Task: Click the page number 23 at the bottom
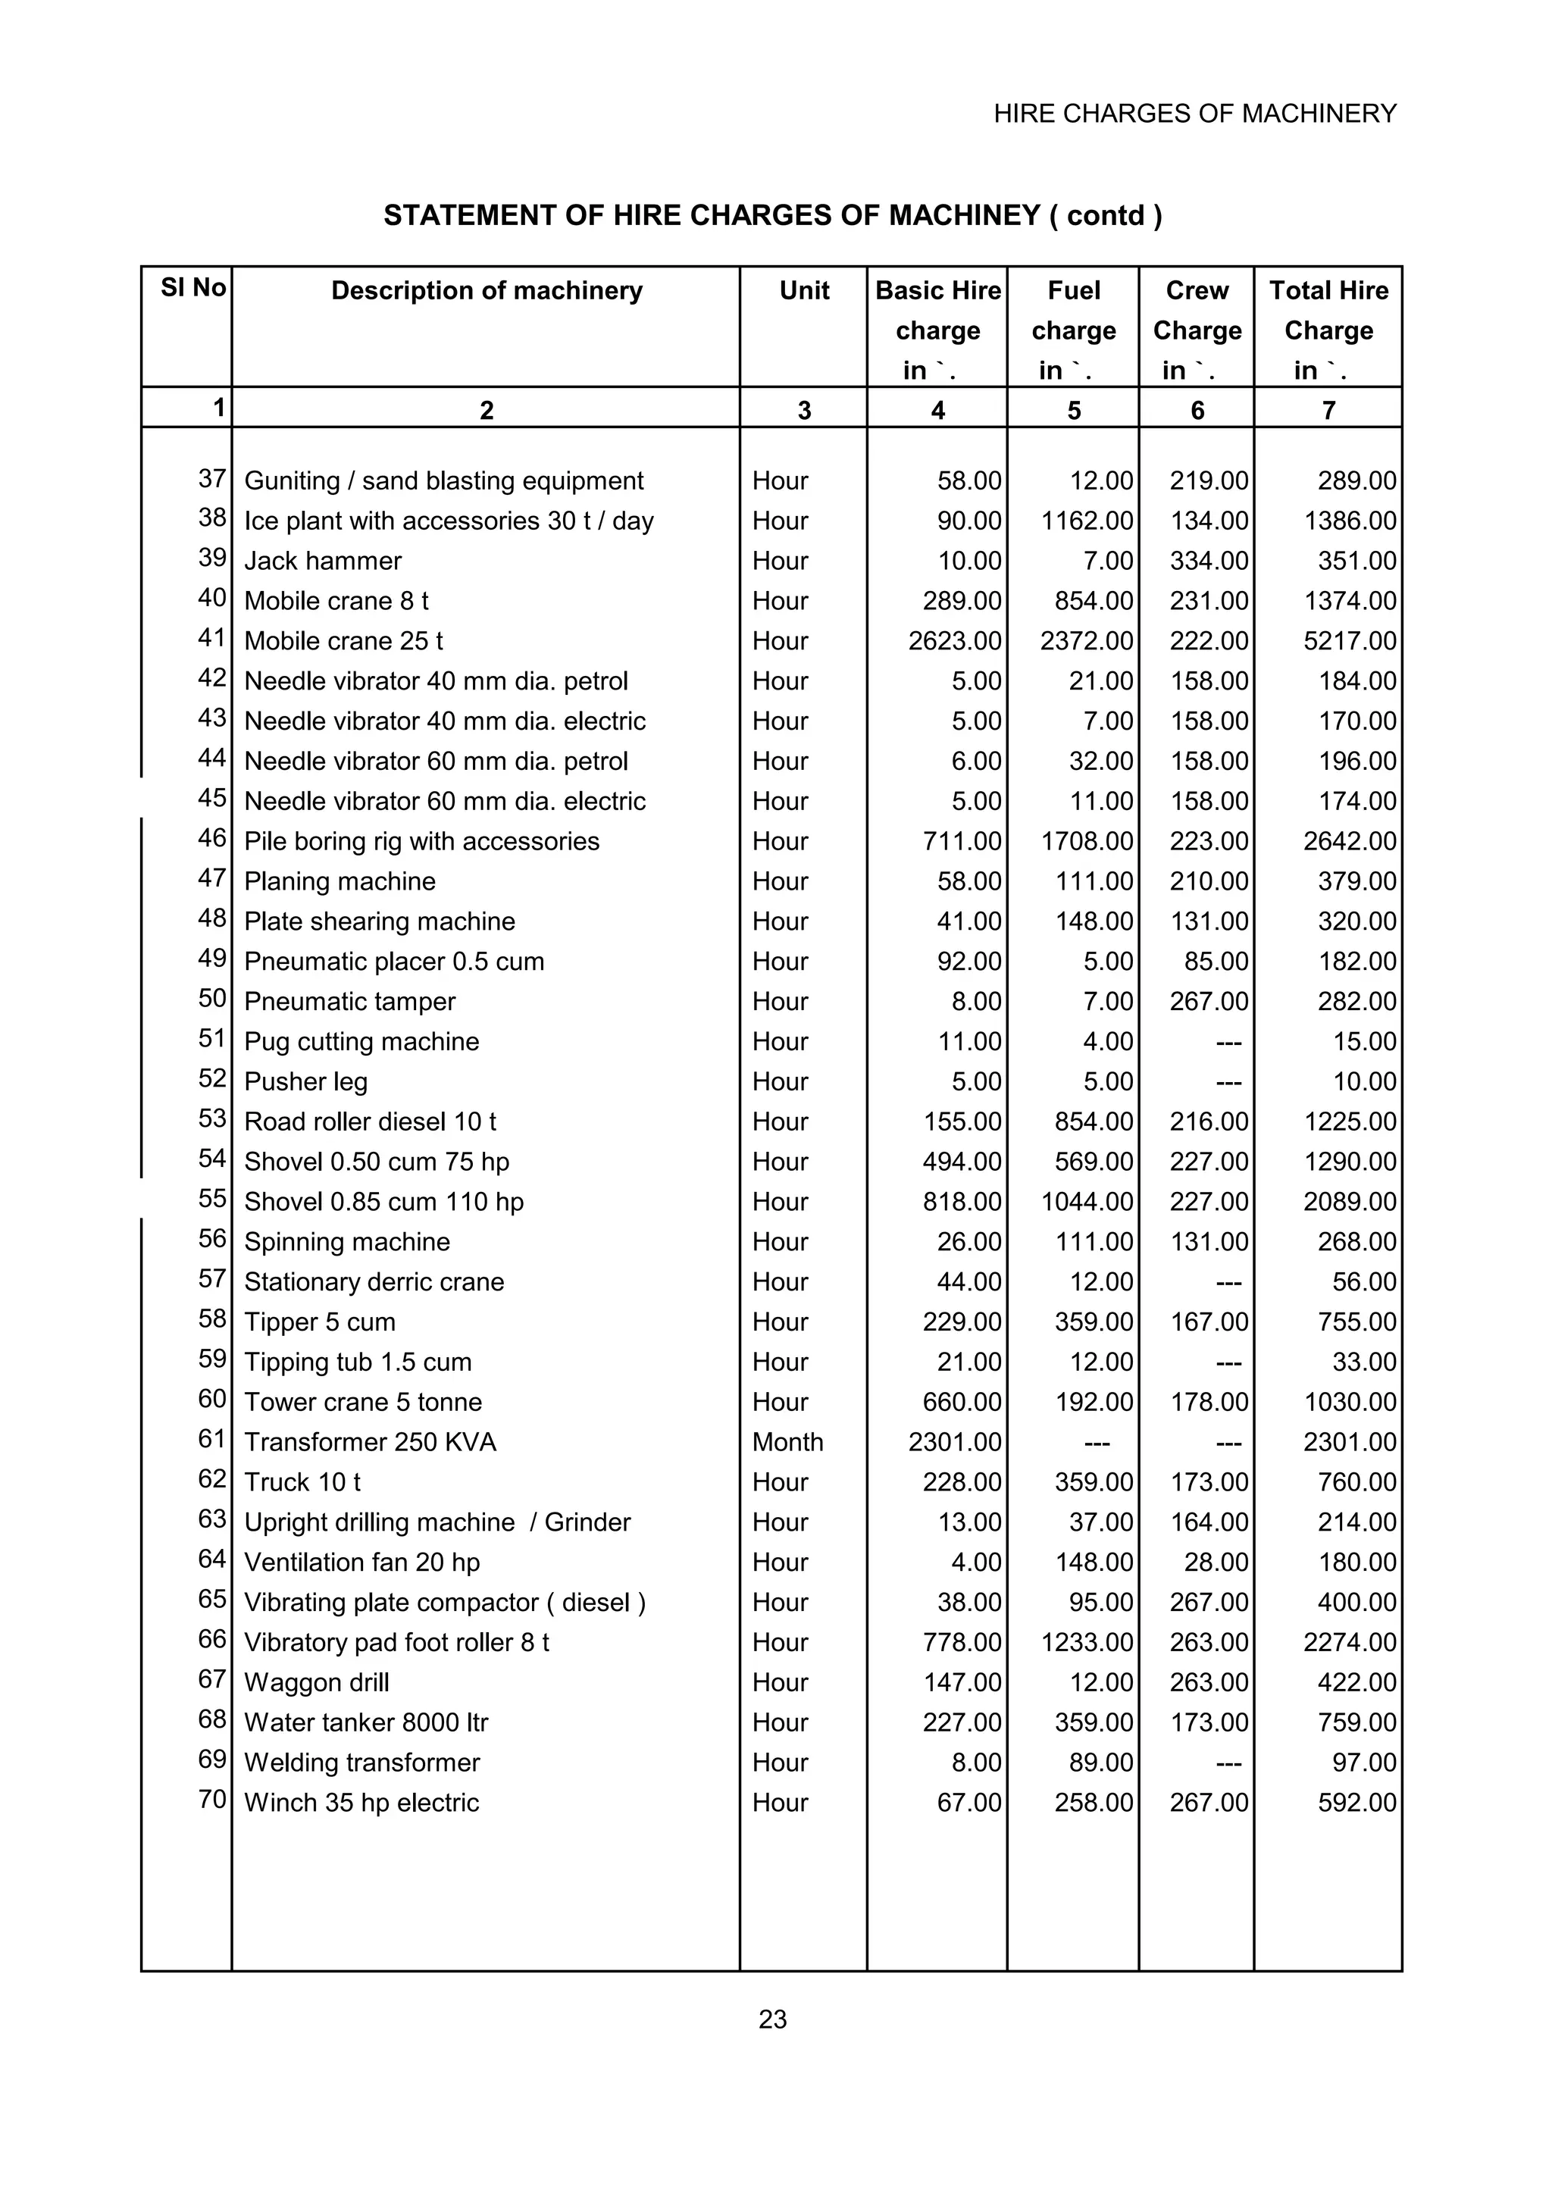(x=773, y=2018)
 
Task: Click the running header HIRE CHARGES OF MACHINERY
(x=1194, y=114)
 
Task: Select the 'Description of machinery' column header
(x=487, y=291)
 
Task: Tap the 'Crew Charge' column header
(x=1197, y=311)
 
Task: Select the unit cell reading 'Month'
(x=787, y=1442)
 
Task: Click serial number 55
(x=212, y=1199)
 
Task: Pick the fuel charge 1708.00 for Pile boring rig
(x=1086, y=842)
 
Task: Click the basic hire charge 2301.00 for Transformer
(x=954, y=1442)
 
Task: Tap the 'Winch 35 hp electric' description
(x=361, y=1803)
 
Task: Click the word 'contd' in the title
(x=1106, y=215)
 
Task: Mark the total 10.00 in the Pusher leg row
(x=1365, y=1082)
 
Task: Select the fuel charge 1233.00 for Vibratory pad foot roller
(x=1086, y=1642)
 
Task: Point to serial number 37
(x=212, y=478)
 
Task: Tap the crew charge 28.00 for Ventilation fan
(x=1216, y=1562)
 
